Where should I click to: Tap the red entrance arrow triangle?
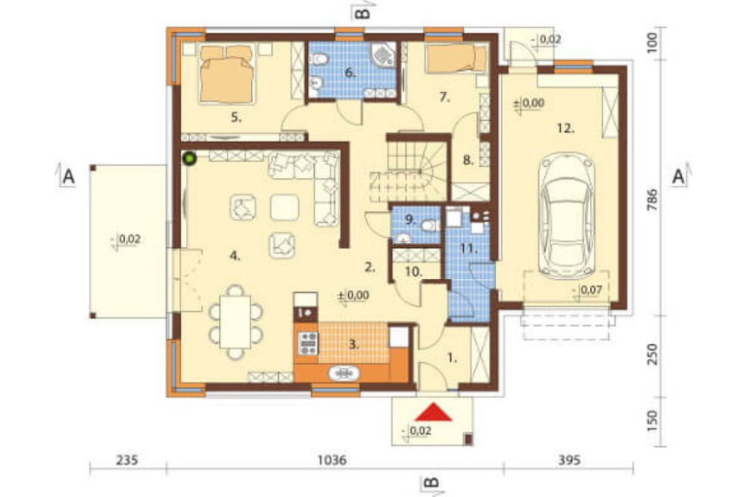coord(433,412)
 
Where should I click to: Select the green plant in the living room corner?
coord(190,158)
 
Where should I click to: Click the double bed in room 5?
coord(226,74)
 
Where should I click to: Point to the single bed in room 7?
coord(456,59)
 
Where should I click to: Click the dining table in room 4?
coord(235,322)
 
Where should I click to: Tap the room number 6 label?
coord(350,73)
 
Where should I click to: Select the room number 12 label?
coord(565,128)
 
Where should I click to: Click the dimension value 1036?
coord(332,460)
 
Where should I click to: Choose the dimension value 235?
coord(127,460)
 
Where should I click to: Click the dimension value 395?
coord(569,460)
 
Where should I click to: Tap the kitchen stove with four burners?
coord(308,344)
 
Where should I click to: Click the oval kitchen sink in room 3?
coord(344,373)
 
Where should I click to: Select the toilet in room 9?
coord(431,225)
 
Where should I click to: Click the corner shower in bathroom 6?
coord(384,54)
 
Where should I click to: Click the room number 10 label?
coord(414,272)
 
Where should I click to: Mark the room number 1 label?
coord(452,358)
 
